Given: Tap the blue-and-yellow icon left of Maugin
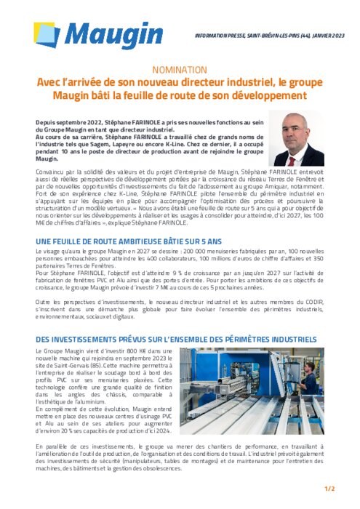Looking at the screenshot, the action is [x=47, y=36].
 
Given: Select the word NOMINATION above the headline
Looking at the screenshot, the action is [x=180, y=70].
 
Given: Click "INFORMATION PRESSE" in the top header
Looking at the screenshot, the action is [x=217, y=36].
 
